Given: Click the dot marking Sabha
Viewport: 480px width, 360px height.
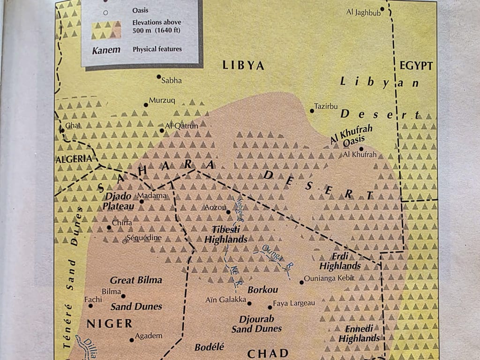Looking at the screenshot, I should [158, 76].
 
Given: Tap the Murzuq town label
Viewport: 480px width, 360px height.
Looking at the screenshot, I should [162, 100].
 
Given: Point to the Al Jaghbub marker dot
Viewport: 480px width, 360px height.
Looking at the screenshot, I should [382, 8].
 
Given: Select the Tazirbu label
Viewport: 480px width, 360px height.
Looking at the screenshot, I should [326, 106].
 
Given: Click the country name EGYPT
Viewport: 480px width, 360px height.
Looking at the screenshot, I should [416, 66].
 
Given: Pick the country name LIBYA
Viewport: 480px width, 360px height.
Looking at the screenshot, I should [243, 65].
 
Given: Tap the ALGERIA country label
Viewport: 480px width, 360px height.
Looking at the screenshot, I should [74, 158].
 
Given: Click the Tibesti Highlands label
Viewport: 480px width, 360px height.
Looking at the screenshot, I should [226, 234].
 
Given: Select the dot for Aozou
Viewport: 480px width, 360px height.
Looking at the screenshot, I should [228, 212].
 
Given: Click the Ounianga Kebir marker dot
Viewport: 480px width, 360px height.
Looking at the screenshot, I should [301, 282].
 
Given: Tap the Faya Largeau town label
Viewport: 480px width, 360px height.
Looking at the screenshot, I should [294, 303].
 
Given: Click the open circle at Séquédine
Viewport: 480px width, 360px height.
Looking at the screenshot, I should [125, 241].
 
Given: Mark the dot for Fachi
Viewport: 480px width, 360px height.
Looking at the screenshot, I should [90, 306].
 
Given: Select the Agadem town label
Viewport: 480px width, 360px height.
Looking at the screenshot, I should [148, 336].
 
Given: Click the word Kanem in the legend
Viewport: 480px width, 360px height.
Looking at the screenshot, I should [105, 49].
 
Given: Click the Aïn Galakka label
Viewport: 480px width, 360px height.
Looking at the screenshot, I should [226, 300].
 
